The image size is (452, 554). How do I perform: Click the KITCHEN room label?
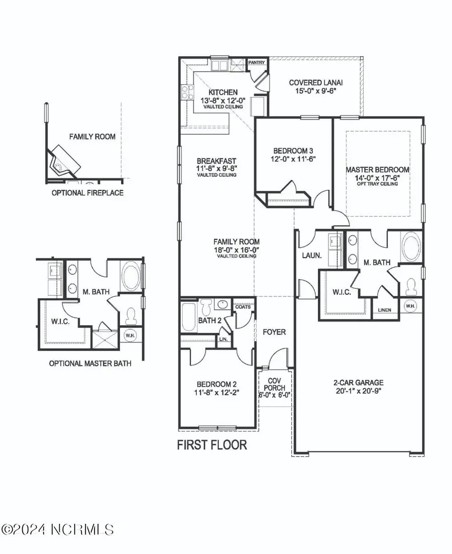(x=223, y=92)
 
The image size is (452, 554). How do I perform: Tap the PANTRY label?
(x=257, y=62)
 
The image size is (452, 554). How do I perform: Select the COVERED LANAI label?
(x=312, y=83)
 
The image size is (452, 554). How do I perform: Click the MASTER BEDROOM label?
(x=385, y=170)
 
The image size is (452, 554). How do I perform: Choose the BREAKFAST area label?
(x=216, y=161)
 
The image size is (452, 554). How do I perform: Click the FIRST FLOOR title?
(x=212, y=445)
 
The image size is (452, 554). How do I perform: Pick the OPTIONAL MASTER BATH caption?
(x=90, y=363)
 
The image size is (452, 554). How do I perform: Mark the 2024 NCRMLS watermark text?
(x=58, y=529)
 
